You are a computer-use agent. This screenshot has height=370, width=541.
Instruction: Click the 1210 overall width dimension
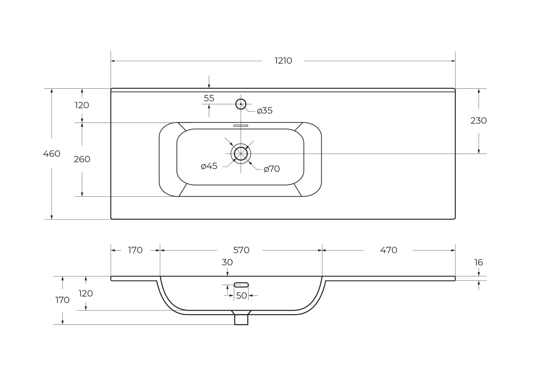pos(283,61)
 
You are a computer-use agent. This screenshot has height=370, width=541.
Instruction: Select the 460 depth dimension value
pos(52,154)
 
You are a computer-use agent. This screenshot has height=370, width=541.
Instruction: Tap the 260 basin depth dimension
pos(82,159)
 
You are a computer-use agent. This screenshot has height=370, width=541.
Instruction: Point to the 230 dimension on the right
pos(478,121)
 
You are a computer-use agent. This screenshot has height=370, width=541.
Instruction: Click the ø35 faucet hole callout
pos(265,111)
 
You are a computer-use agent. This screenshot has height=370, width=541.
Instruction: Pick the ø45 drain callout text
pos(209,166)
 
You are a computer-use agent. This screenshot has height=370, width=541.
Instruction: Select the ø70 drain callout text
pos(272,169)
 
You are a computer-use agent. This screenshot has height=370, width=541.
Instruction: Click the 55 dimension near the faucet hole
pos(209,98)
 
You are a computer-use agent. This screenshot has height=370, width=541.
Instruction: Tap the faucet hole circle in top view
pos(241,104)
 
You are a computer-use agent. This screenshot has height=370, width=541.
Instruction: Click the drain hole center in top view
pos(241,154)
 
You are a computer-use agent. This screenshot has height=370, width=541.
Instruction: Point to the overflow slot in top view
pos(241,126)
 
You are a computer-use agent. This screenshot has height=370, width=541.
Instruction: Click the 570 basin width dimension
pos(241,250)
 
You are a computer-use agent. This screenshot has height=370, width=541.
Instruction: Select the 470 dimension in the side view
pos(388,250)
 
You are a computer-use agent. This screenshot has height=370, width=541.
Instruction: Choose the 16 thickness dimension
pos(478,262)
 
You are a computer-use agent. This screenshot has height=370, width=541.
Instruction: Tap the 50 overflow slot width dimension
pos(241,296)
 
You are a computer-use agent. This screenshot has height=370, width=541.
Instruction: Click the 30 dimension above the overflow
pos(227,262)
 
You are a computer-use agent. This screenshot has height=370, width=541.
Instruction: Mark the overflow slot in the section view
pos(241,285)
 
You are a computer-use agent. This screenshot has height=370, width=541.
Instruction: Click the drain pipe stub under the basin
pos(241,320)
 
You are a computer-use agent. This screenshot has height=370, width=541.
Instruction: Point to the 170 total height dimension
pos(62,300)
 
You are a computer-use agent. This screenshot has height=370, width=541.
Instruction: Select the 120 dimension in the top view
pos(82,105)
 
